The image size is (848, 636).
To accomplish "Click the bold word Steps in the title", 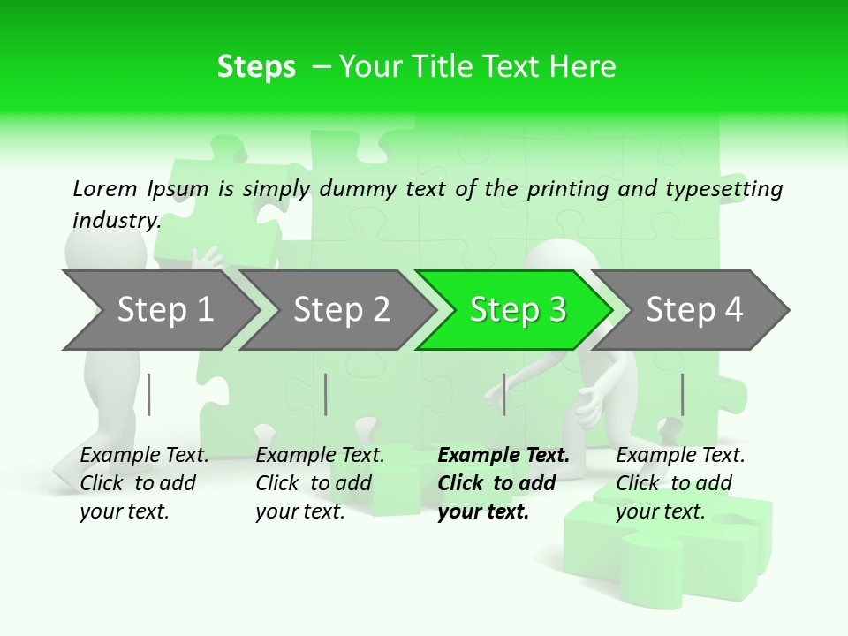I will tap(256, 67).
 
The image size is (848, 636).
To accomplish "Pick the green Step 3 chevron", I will tap(518, 310).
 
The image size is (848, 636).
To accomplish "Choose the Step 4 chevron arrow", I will tap(694, 310).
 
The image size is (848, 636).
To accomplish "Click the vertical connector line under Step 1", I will tap(149, 394).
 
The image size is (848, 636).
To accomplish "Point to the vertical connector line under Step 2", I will tap(326, 394).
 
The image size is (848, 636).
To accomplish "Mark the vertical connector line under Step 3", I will tap(504, 394).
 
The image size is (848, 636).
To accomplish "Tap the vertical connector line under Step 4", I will tap(682, 394).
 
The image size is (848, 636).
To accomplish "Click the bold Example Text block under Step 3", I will tap(503, 483).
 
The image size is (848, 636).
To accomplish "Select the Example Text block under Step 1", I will tap(144, 483).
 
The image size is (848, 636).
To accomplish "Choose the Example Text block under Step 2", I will tap(320, 483).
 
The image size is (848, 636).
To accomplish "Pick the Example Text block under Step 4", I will tap(679, 483).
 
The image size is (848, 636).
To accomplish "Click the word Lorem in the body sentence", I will tap(105, 189).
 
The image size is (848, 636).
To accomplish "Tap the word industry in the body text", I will tap(116, 221).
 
